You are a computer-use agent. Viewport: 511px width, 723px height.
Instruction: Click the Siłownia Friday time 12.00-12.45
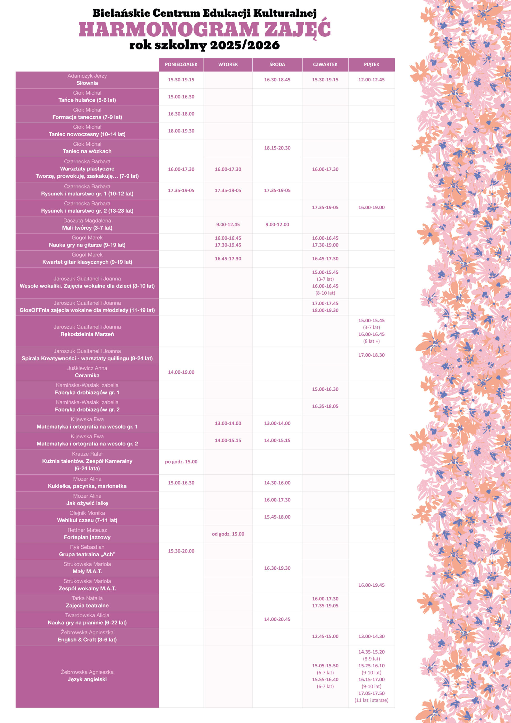tap(372, 80)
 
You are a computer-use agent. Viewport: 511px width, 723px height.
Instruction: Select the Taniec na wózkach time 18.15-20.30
tap(277, 148)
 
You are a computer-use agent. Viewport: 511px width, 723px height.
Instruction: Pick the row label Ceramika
tap(87, 375)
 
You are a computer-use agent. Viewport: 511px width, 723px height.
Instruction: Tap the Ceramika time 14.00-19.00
tap(181, 372)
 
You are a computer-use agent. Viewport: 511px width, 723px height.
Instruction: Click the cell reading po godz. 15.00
tap(181, 462)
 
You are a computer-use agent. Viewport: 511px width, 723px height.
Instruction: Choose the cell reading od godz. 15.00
tap(228, 534)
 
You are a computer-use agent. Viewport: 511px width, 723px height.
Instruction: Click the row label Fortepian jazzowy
tap(87, 537)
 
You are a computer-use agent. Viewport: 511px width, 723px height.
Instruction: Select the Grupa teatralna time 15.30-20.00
tap(181, 551)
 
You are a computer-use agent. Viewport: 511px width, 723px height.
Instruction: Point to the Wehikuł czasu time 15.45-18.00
tap(277, 517)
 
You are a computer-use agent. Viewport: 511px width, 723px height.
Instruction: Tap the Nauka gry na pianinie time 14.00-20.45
tap(277, 619)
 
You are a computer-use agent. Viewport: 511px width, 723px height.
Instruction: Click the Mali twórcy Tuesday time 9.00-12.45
tap(228, 225)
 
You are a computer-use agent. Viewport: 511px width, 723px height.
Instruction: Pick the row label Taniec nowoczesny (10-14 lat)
tap(87, 134)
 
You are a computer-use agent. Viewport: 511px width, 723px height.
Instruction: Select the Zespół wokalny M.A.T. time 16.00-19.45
tap(372, 585)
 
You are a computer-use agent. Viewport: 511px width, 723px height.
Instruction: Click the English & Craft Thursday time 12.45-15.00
tap(325, 636)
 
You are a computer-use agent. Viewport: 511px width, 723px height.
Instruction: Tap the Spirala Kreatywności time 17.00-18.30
tap(372, 355)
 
